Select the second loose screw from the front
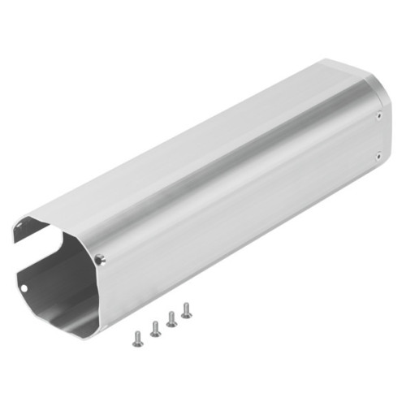click(x=154, y=329)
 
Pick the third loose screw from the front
click(x=171, y=319)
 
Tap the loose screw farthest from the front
click(x=186, y=310)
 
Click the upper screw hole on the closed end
click(x=379, y=116)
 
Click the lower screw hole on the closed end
click(x=378, y=156)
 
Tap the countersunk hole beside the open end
click(x=100, y=260)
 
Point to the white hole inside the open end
click(x=24, y=286)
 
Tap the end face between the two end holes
click(x=379, y=136)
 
